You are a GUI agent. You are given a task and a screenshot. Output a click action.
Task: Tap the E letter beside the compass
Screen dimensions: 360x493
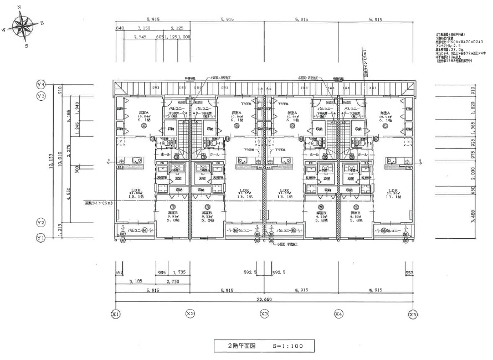(x=42, y=23)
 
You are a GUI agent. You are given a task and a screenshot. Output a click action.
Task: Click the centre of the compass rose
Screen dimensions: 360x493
(x=23, y=25)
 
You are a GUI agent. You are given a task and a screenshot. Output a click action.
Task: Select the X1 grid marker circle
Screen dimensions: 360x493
(x=116, y=313)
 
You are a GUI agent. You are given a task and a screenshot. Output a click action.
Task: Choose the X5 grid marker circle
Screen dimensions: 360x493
(x=412, y=313)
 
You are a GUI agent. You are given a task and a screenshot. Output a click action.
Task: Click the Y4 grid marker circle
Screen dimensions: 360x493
(x=40, y=84)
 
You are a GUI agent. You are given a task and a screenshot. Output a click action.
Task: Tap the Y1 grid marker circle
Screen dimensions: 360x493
(x=40, y=238)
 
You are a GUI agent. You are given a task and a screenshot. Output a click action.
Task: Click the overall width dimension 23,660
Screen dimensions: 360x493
(x=264, y=300)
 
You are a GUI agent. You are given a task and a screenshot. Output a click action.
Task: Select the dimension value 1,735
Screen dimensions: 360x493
(x=178, y=273)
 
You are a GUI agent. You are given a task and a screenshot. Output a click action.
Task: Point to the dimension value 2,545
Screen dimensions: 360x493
(x=142, y=38)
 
